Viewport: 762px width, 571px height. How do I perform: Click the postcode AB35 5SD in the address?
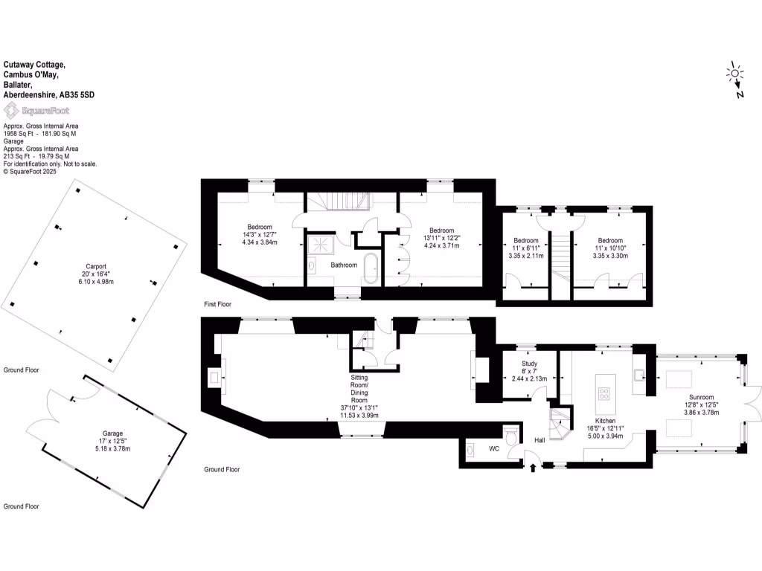pyautogui.click(x=78, y=95)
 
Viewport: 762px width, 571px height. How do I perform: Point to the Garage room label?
pyautogui.click(x=112, y=433)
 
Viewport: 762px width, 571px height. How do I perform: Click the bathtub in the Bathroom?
pyautogui.click(x=370, y=268)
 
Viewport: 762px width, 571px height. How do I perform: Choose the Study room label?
pyautogui.click(x=529, y=364)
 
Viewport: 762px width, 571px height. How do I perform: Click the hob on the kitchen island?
pyautogui.click(x=604, y=393)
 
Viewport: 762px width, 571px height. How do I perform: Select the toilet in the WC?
pyautogui.click(x=510, y=434)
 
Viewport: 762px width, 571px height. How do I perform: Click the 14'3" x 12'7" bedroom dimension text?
pyautogui.click(x=260, y=234)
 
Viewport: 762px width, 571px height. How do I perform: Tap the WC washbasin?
pyautogui.click(x=472, y=450)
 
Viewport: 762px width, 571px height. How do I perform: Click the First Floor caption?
pyautogui.click(x=221, y=305)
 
